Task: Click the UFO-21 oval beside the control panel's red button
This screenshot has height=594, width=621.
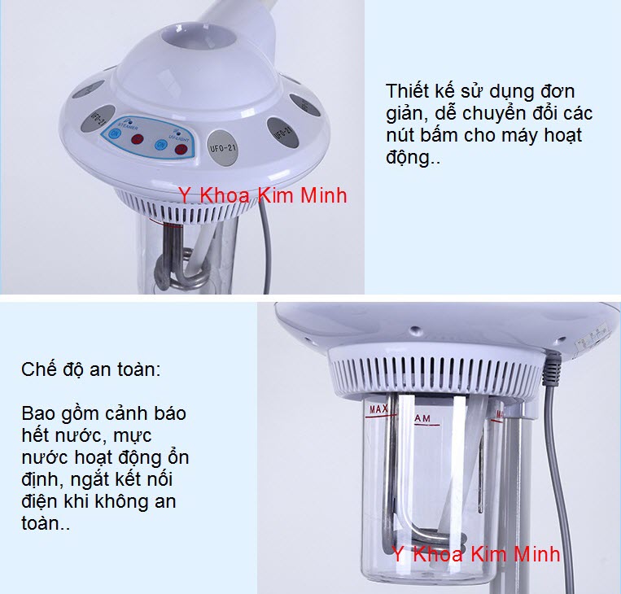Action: coord(224,146)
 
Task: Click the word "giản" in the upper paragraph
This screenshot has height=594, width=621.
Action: coord(405,114)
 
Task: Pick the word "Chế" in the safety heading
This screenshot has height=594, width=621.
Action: coord(37,370)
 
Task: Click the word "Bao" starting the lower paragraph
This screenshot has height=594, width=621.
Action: coord(39,413)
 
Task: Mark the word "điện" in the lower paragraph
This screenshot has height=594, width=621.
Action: coord(38,502)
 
